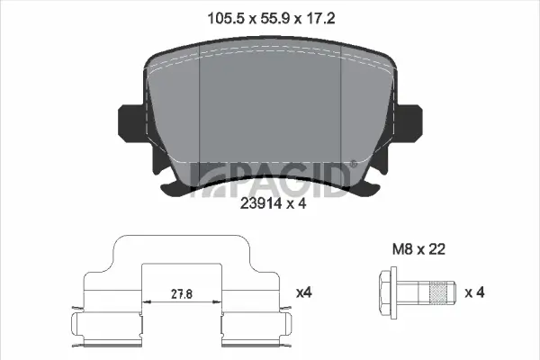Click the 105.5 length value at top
pos(224,18)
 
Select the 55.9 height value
pos(274,18)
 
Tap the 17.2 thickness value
pos(320,18)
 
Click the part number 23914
pos(261,203)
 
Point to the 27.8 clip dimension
pos(182,294)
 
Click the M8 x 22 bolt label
pos(418,249)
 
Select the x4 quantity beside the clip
pos(304,292)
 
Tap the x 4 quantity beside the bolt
pos(474,292)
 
